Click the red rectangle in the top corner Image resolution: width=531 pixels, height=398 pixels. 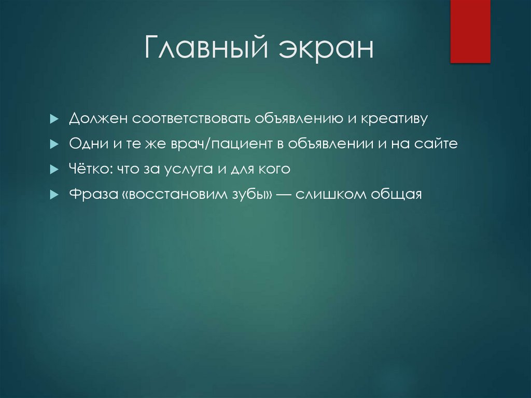(x=470, y=31)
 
